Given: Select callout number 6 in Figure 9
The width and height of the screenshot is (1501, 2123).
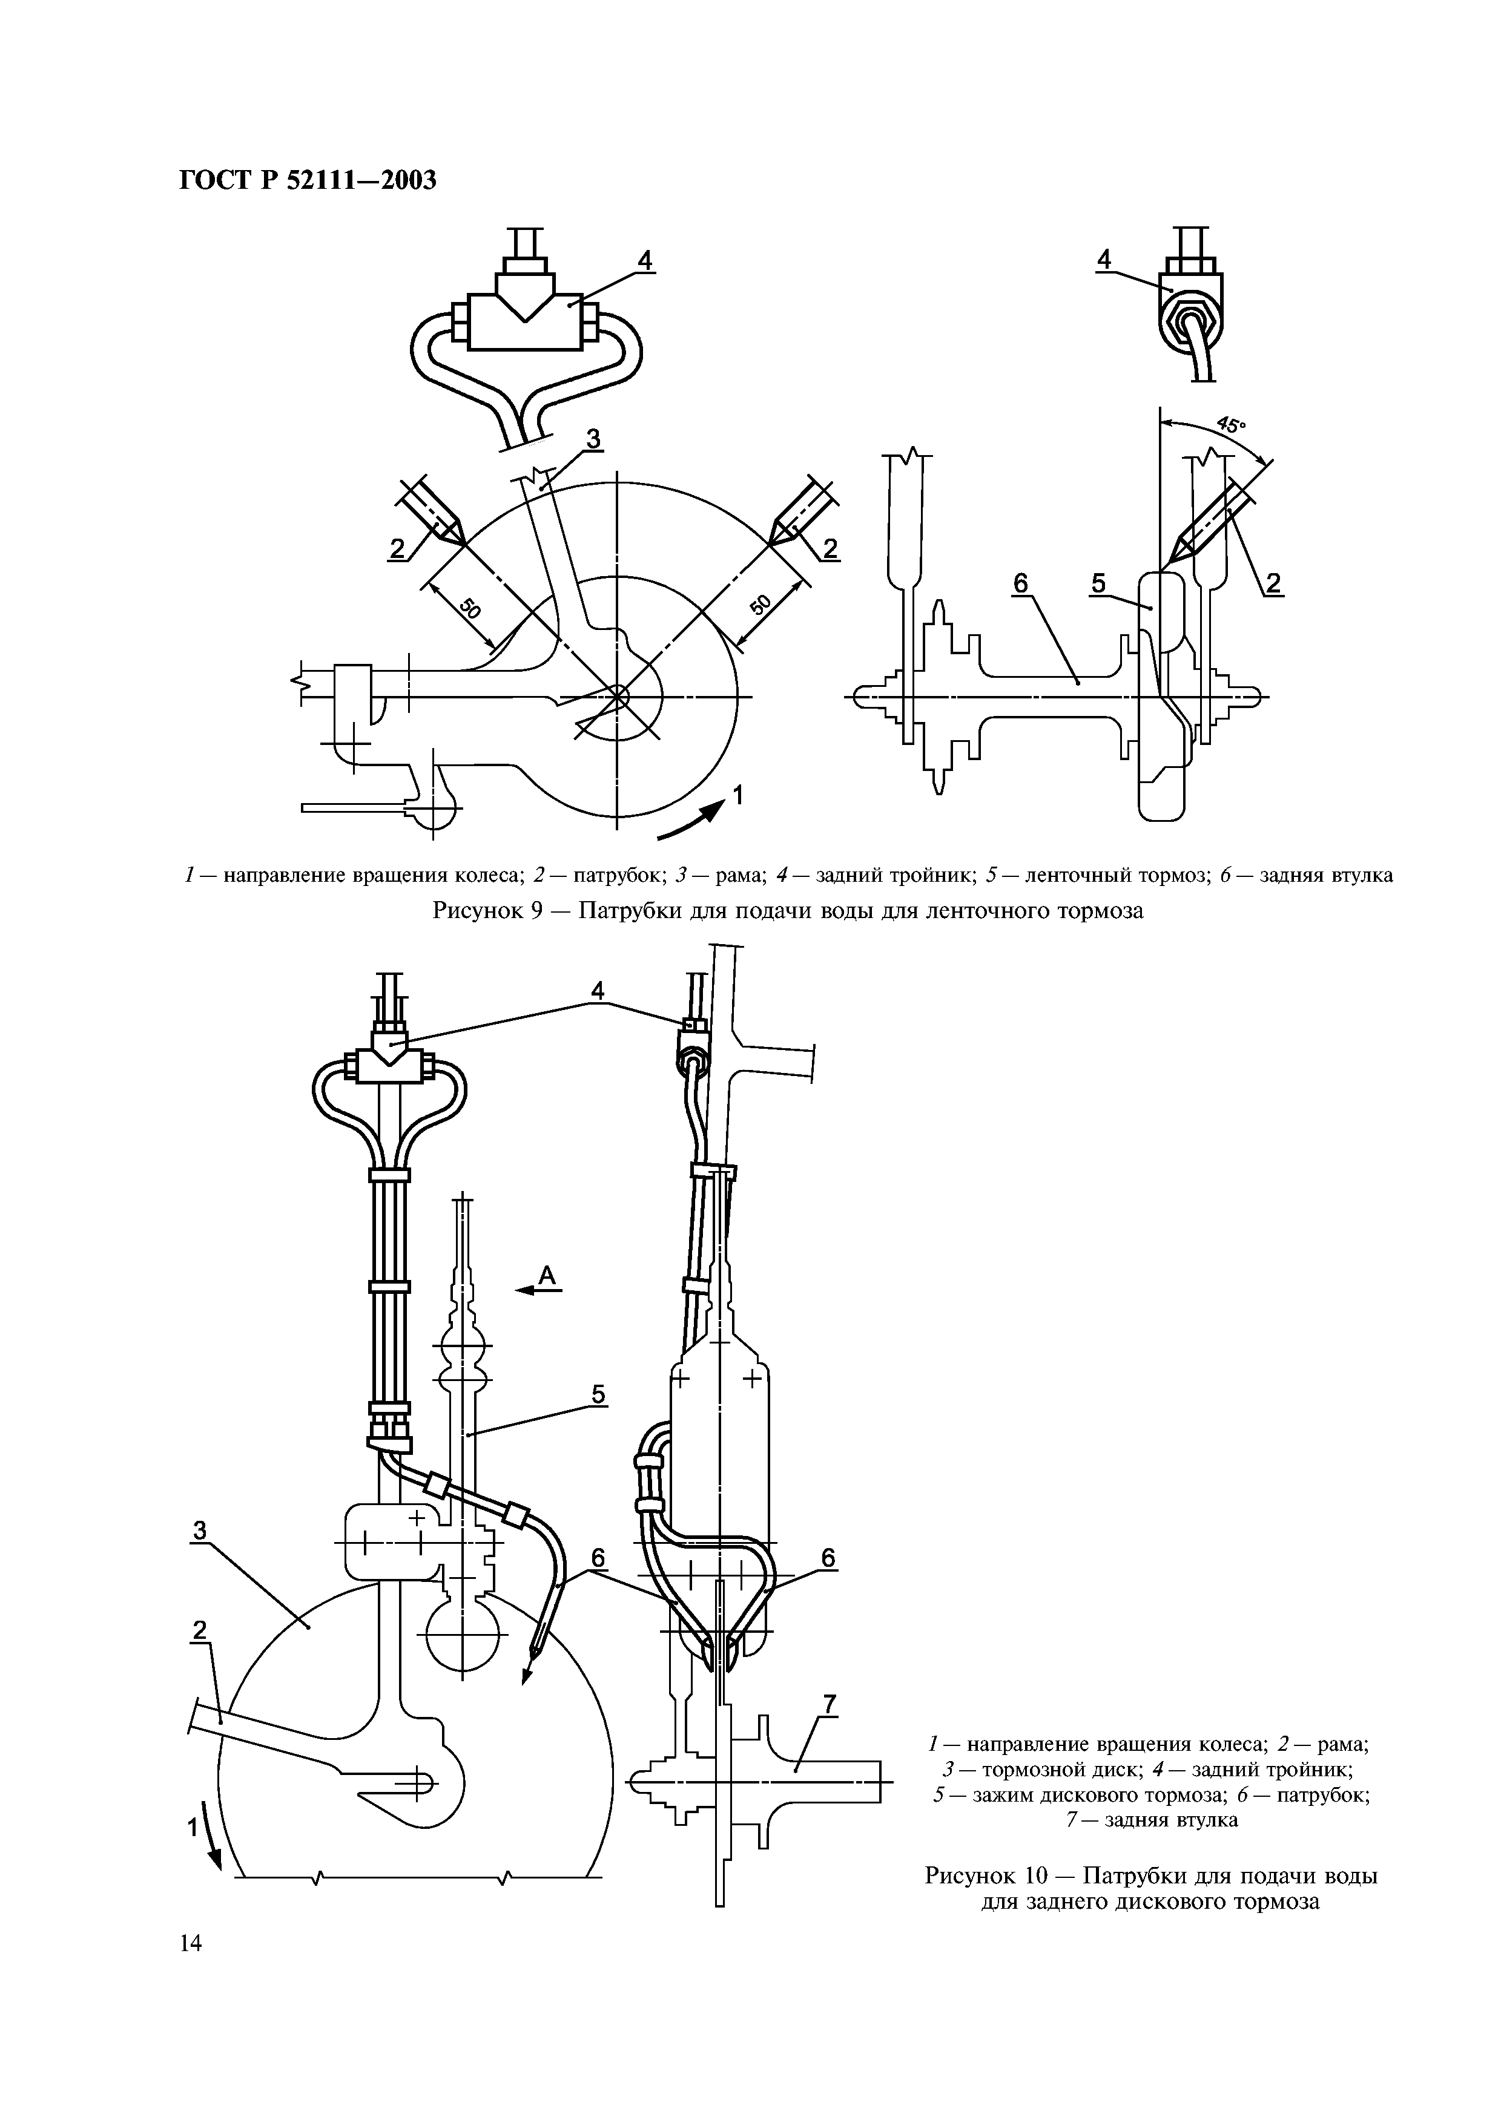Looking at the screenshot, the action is point(1020,583).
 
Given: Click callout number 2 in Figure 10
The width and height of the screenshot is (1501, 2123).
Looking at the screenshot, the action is point(198,1631).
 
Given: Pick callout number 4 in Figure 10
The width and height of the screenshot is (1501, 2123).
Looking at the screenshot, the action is point(598,990).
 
